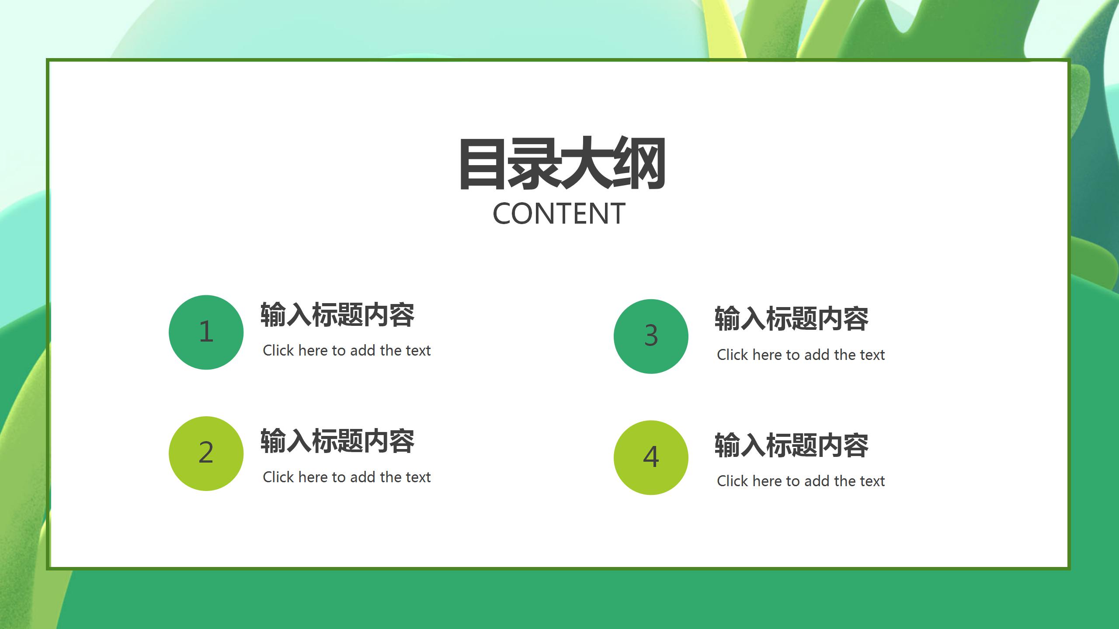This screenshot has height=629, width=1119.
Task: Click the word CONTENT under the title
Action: [x=559, y=214]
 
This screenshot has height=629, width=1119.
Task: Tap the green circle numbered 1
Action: [x=206, y=332]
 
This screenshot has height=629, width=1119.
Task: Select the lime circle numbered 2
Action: [x=206, y=453]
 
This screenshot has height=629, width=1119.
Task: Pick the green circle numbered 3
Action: [x=651, y=336]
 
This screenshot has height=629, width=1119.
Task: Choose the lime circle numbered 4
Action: [x=651, y=458]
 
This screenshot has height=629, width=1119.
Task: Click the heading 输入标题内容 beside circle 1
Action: [x=337, y=315]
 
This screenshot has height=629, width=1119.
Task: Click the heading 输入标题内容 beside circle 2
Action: [x=337, y=441]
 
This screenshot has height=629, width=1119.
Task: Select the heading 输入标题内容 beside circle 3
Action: [x=792, y=319]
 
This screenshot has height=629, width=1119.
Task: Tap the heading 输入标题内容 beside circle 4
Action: [x=792, y=446]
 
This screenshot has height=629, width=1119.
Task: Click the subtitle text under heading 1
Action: [x=347, y=350]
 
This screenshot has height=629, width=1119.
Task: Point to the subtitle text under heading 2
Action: [x=347, y=477]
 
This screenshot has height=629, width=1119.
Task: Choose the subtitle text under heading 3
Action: [x=801, y=355]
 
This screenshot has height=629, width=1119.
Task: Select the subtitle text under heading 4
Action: [x=801, y=481]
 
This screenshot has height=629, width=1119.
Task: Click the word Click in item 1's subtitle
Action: [x=278, y=350]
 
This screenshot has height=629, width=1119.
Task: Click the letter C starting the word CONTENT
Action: [x=502, y=214]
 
